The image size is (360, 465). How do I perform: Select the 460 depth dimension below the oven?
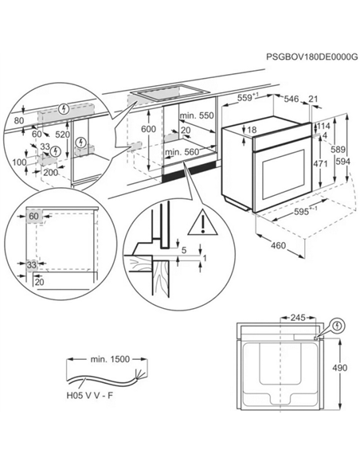276,245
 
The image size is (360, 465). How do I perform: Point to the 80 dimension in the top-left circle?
17,121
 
